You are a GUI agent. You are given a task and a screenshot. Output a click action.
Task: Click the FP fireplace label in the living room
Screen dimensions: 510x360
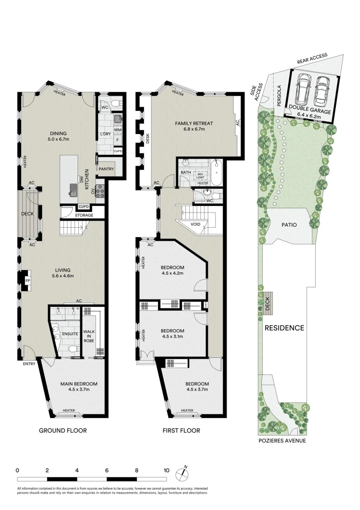click(x=27, y=280)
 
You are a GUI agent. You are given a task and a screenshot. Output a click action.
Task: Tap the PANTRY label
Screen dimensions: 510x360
click(x=106, y=169)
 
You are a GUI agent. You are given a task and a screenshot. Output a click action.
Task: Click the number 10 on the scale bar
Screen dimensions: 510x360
click(x=166, y=470)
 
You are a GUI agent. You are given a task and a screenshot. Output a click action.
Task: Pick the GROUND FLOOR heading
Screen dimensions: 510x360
click(x=63, y=431)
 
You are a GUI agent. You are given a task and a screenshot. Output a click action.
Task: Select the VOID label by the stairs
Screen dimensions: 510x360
click(x=196, y=224)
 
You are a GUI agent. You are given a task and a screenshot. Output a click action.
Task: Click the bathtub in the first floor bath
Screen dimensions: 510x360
click(x=217, y=173)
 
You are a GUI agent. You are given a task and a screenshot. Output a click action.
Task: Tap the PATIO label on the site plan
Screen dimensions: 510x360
click(x=290, y=225)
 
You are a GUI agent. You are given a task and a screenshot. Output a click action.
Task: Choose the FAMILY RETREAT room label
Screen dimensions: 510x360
click(x=194, y=124)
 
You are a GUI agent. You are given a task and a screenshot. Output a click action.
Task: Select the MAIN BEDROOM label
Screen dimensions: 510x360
click(x=79, y=383)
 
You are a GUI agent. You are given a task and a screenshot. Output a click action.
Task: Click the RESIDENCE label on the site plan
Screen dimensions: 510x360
click(x=284, y=328)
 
